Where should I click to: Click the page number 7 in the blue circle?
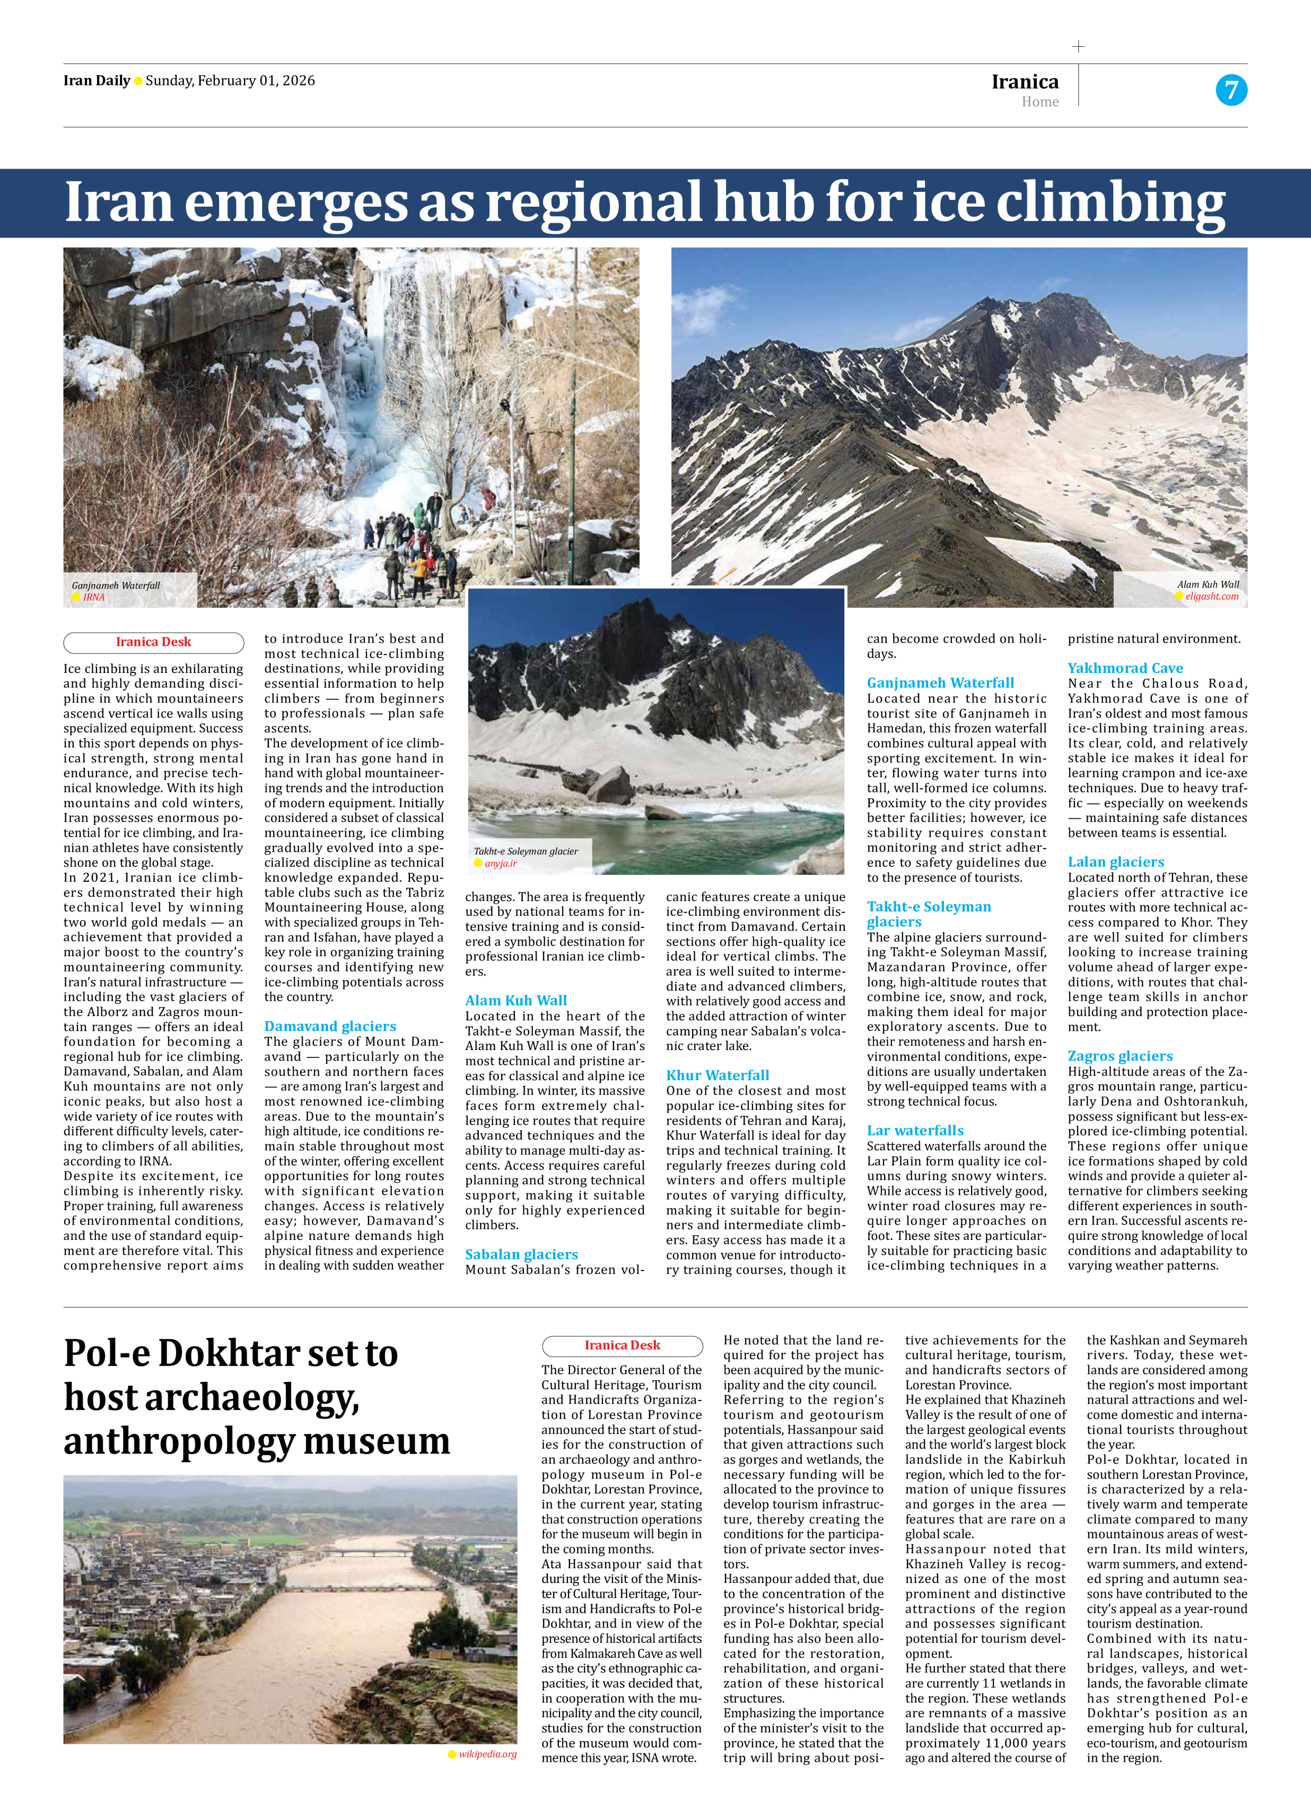[x=1231, y=90]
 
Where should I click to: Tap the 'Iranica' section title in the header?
[x=1025, y=82]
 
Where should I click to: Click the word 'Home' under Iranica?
[x=1040, y=102]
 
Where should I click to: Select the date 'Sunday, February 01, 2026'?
[x=230, y=80]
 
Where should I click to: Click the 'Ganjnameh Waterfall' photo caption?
[x=116, y=585]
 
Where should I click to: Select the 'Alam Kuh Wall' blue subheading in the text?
[x=515, y=1000]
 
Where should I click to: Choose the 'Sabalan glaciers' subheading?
[x=521, y=1255]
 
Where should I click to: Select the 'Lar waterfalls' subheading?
[x=915, y=1130]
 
